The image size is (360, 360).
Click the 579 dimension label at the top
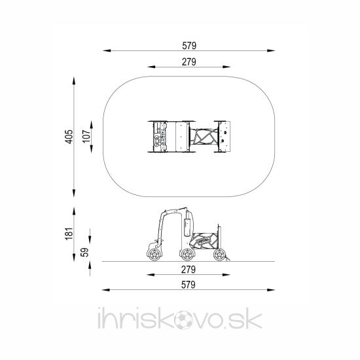pos(189,46)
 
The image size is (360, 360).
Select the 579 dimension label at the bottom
pos(189,285)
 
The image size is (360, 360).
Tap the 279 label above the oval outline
pos(189,62)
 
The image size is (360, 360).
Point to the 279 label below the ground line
pos(189,270)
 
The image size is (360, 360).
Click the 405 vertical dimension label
pos(69,137)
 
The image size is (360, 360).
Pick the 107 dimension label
pos(86,136)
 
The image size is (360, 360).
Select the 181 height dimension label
pos(69,234)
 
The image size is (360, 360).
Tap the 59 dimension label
pos(84,252)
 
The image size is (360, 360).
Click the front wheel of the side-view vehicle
pos(154,255)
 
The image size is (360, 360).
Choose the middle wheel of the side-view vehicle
pos(187,255)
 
